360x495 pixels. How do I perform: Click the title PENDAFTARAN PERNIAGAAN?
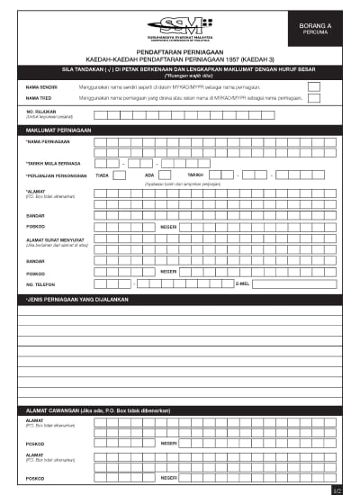(x=179, y=53)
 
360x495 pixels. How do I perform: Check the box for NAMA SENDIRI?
(x=314, y=85)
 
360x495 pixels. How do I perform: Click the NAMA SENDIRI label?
(x=41, y=86)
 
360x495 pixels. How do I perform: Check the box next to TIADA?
(x=119, y=175)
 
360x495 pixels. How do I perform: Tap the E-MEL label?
(x=242, y=283)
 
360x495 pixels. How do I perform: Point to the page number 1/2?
(x=337, y=490)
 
